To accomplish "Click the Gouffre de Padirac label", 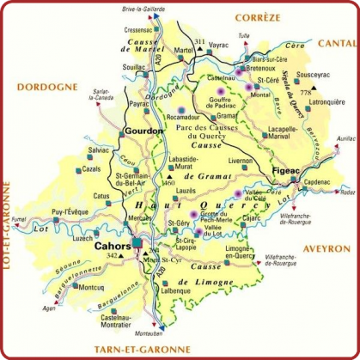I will (226, 105).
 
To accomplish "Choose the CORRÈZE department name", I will (259, 15).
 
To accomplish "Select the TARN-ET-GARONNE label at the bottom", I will (143, 349).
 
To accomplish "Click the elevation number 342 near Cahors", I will (110, 256).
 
